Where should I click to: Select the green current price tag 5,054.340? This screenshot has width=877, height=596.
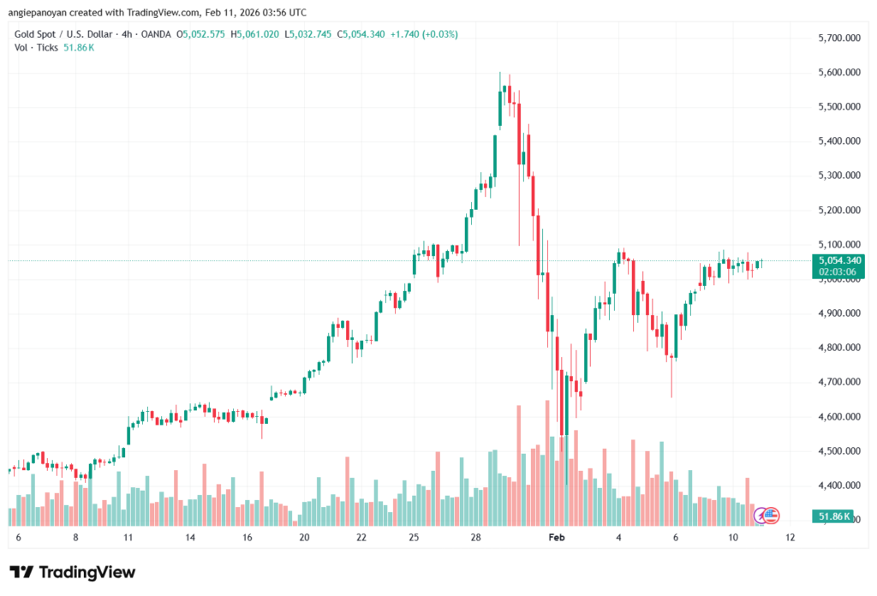(x=839, y=259)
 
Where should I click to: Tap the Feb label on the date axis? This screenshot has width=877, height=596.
(x=557, y=537)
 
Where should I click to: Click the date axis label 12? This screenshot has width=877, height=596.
(x=790, y=537)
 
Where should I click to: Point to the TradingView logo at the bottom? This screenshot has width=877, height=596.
(x=73, y=572)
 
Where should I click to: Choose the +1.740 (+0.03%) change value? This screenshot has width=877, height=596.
(x=424, y=34)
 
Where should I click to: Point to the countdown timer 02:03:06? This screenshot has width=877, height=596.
(x=839, y=271)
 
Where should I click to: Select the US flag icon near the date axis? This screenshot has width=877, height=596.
(x=771, y=515)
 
